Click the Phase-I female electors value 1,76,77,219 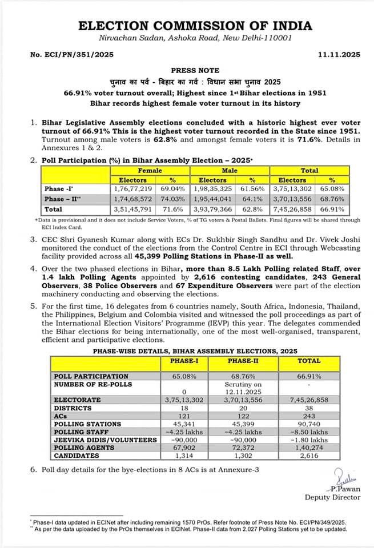pyautogui.click(x=132, y=188)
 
